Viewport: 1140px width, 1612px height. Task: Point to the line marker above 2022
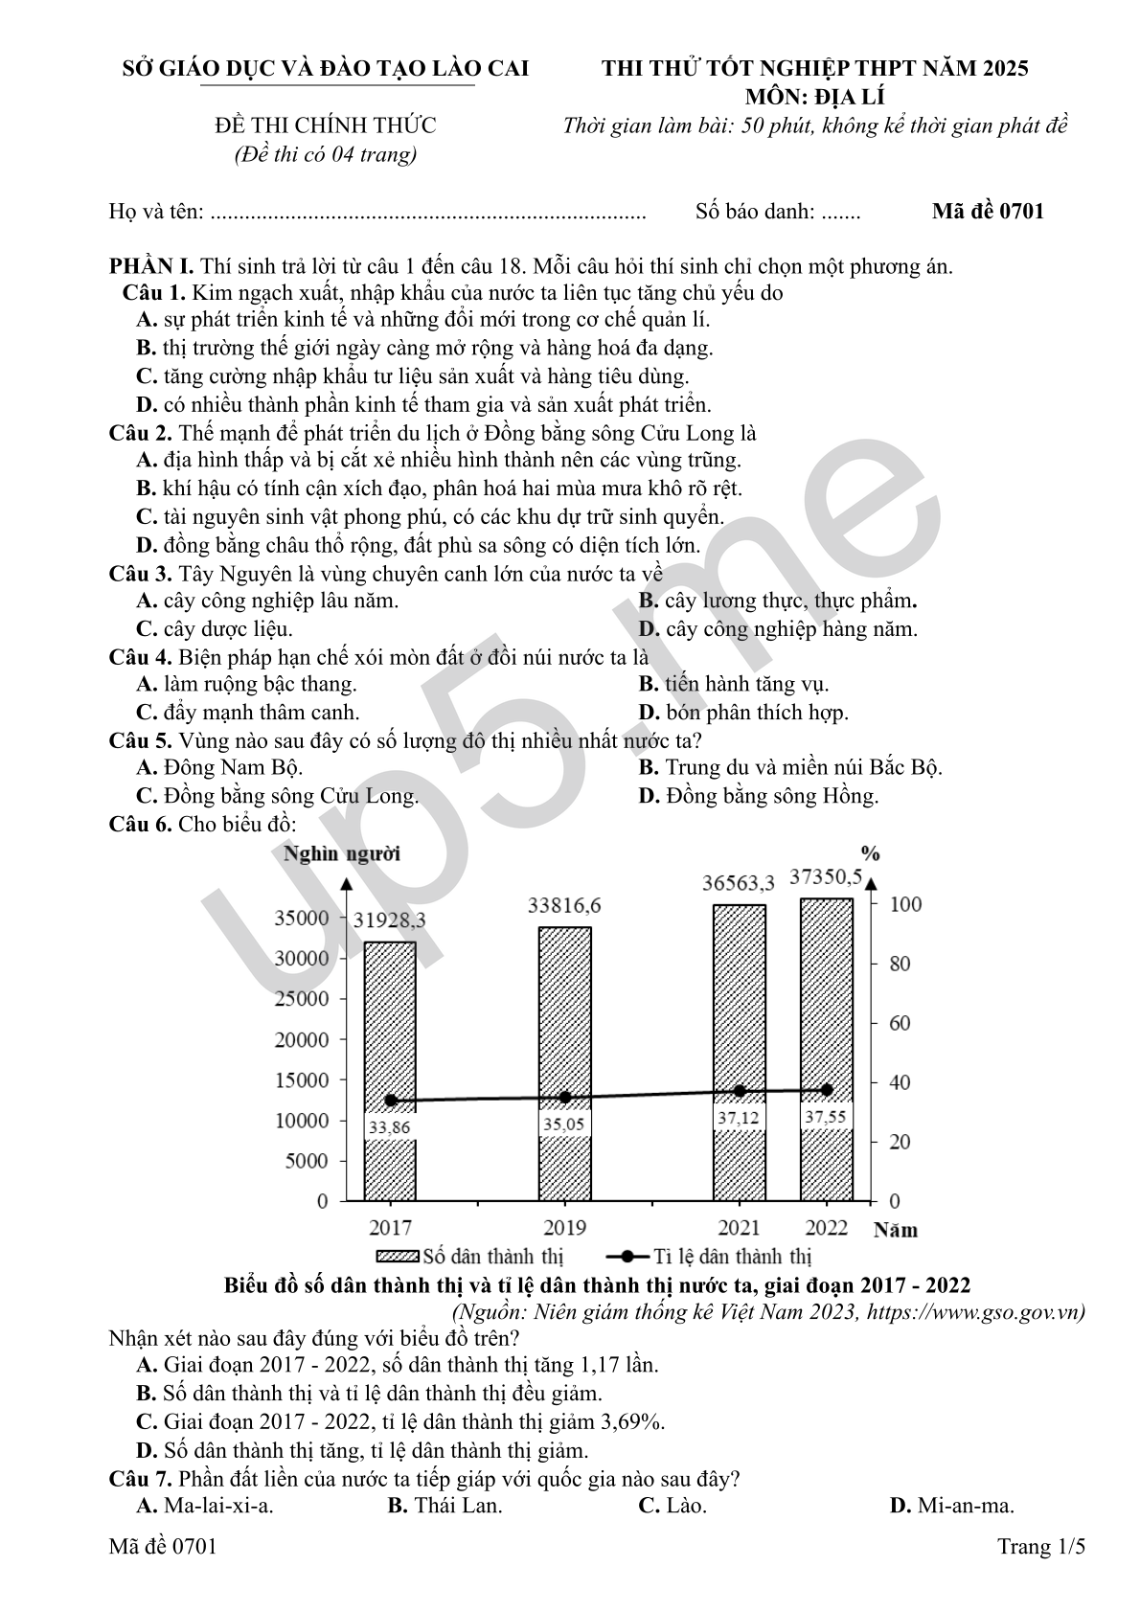[x=827, y=1089]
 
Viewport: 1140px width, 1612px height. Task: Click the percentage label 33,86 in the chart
[x=389, y=1127]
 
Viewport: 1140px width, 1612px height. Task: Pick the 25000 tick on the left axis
[x=302, y=999]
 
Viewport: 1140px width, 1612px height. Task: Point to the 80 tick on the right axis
[x=900, y=965]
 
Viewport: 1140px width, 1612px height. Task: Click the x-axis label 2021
[x=739, y=1228]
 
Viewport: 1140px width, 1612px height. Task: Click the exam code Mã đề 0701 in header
[x=987, y=212]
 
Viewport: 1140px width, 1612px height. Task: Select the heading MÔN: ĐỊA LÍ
[x=814, y=97]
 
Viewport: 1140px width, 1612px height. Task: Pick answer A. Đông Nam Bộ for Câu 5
[x=219, y=767]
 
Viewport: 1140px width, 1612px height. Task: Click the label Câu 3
[x=140, y=574]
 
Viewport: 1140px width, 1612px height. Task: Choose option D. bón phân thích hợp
[x=743, y=713]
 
